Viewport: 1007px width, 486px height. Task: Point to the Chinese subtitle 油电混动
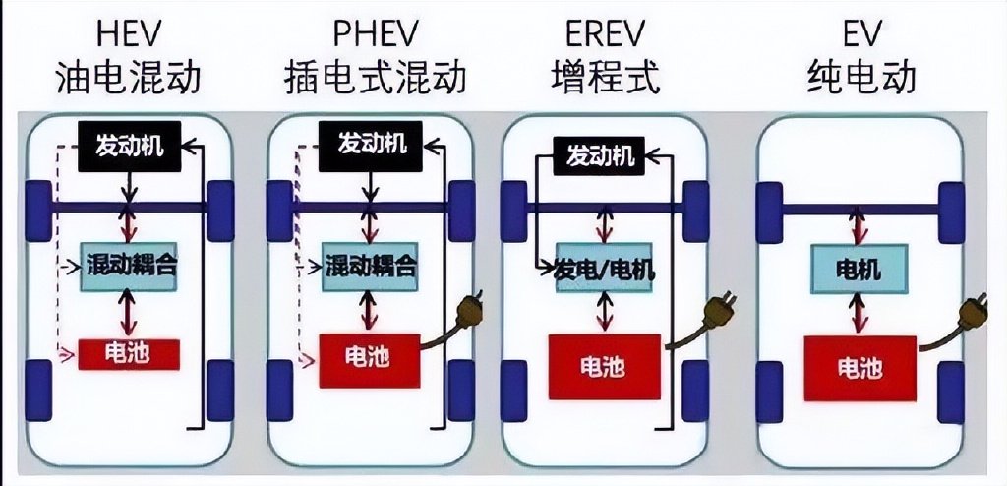[x=129, y=78]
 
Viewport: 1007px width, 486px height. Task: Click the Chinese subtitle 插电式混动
[x=375, y=78]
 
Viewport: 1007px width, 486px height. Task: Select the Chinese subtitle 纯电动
[x=860, y=78]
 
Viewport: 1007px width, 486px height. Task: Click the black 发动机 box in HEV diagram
[x=130, y=146]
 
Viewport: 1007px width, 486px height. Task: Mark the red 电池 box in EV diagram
[x=859, y=368]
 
